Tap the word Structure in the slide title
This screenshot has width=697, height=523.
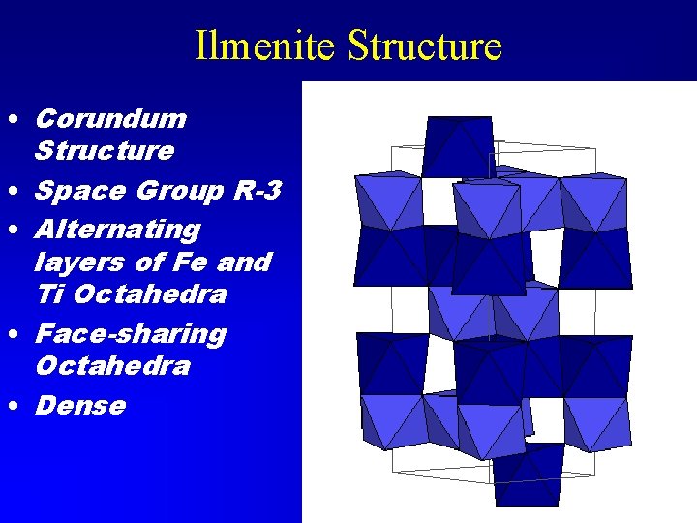click(x=424, y=46)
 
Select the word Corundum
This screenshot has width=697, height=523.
click(x=110, y=119)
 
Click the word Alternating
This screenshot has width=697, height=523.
click(x=117, y=230)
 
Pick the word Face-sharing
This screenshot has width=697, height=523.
click(x=131, y=334)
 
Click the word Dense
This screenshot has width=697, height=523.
click(x=80, y=405)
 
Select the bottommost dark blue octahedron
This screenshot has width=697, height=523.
click(x=528, y=474)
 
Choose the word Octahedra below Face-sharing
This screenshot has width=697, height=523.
click(x=112, y=366)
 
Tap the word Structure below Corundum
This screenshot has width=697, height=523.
click(x=105, y=151)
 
